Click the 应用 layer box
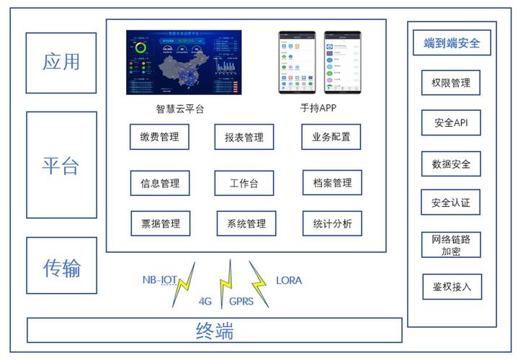point(61,63)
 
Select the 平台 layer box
point(61,165)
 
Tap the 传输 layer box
point(61,267)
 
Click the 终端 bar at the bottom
point(215,330)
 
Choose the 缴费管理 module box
point(160,137)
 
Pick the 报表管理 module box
point(244,137)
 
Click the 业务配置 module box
point(331,137)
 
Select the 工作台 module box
point(244,183)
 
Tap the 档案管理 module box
point(331,183)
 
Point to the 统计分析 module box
point(331,224)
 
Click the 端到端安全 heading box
point(452,43)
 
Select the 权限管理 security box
point(451,83)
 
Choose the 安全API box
point(451,122)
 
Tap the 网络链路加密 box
point(451,245)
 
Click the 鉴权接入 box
point(451,287)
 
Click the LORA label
point(289,280)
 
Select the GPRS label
point(241,301)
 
